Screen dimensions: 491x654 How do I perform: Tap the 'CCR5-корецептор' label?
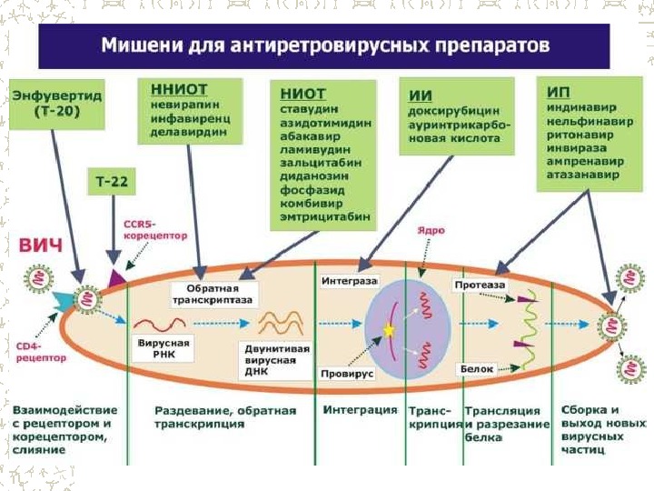click(154, 228)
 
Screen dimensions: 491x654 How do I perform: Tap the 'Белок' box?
click(477, 369)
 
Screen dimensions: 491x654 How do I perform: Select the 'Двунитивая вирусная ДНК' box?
click(276, 357)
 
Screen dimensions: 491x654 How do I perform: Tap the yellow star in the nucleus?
click(390, 331)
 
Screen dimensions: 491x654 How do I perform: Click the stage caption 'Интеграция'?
click(360, 410)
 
